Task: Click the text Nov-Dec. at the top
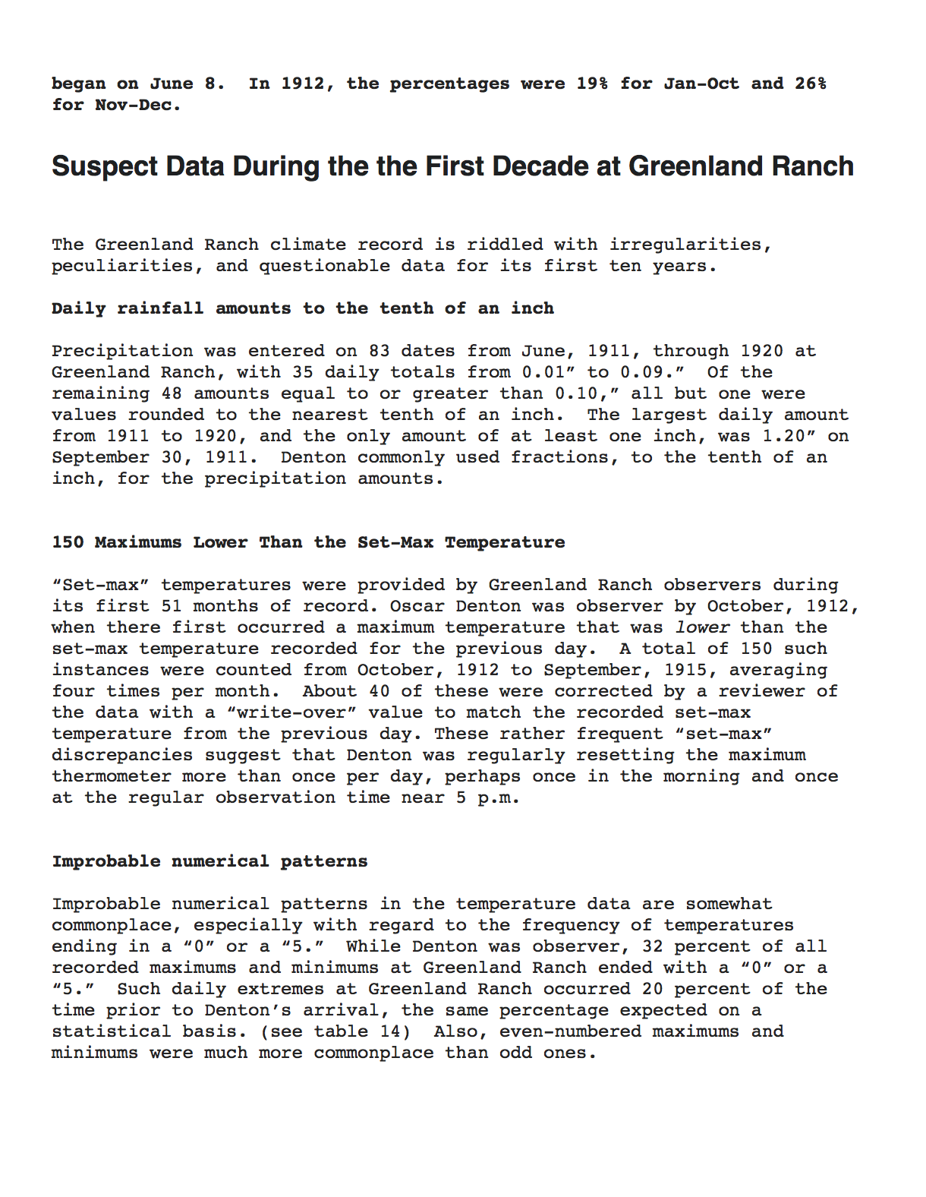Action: [x=138, y=105]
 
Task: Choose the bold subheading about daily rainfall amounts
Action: [x=303, y=308]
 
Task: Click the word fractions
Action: [x=564, y=457]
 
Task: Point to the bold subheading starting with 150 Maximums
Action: [x=308, y=542]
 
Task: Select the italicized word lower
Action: [x=702, y=627]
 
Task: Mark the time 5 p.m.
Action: [x=487, y=797]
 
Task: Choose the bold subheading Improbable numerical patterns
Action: [x=209, y=861]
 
